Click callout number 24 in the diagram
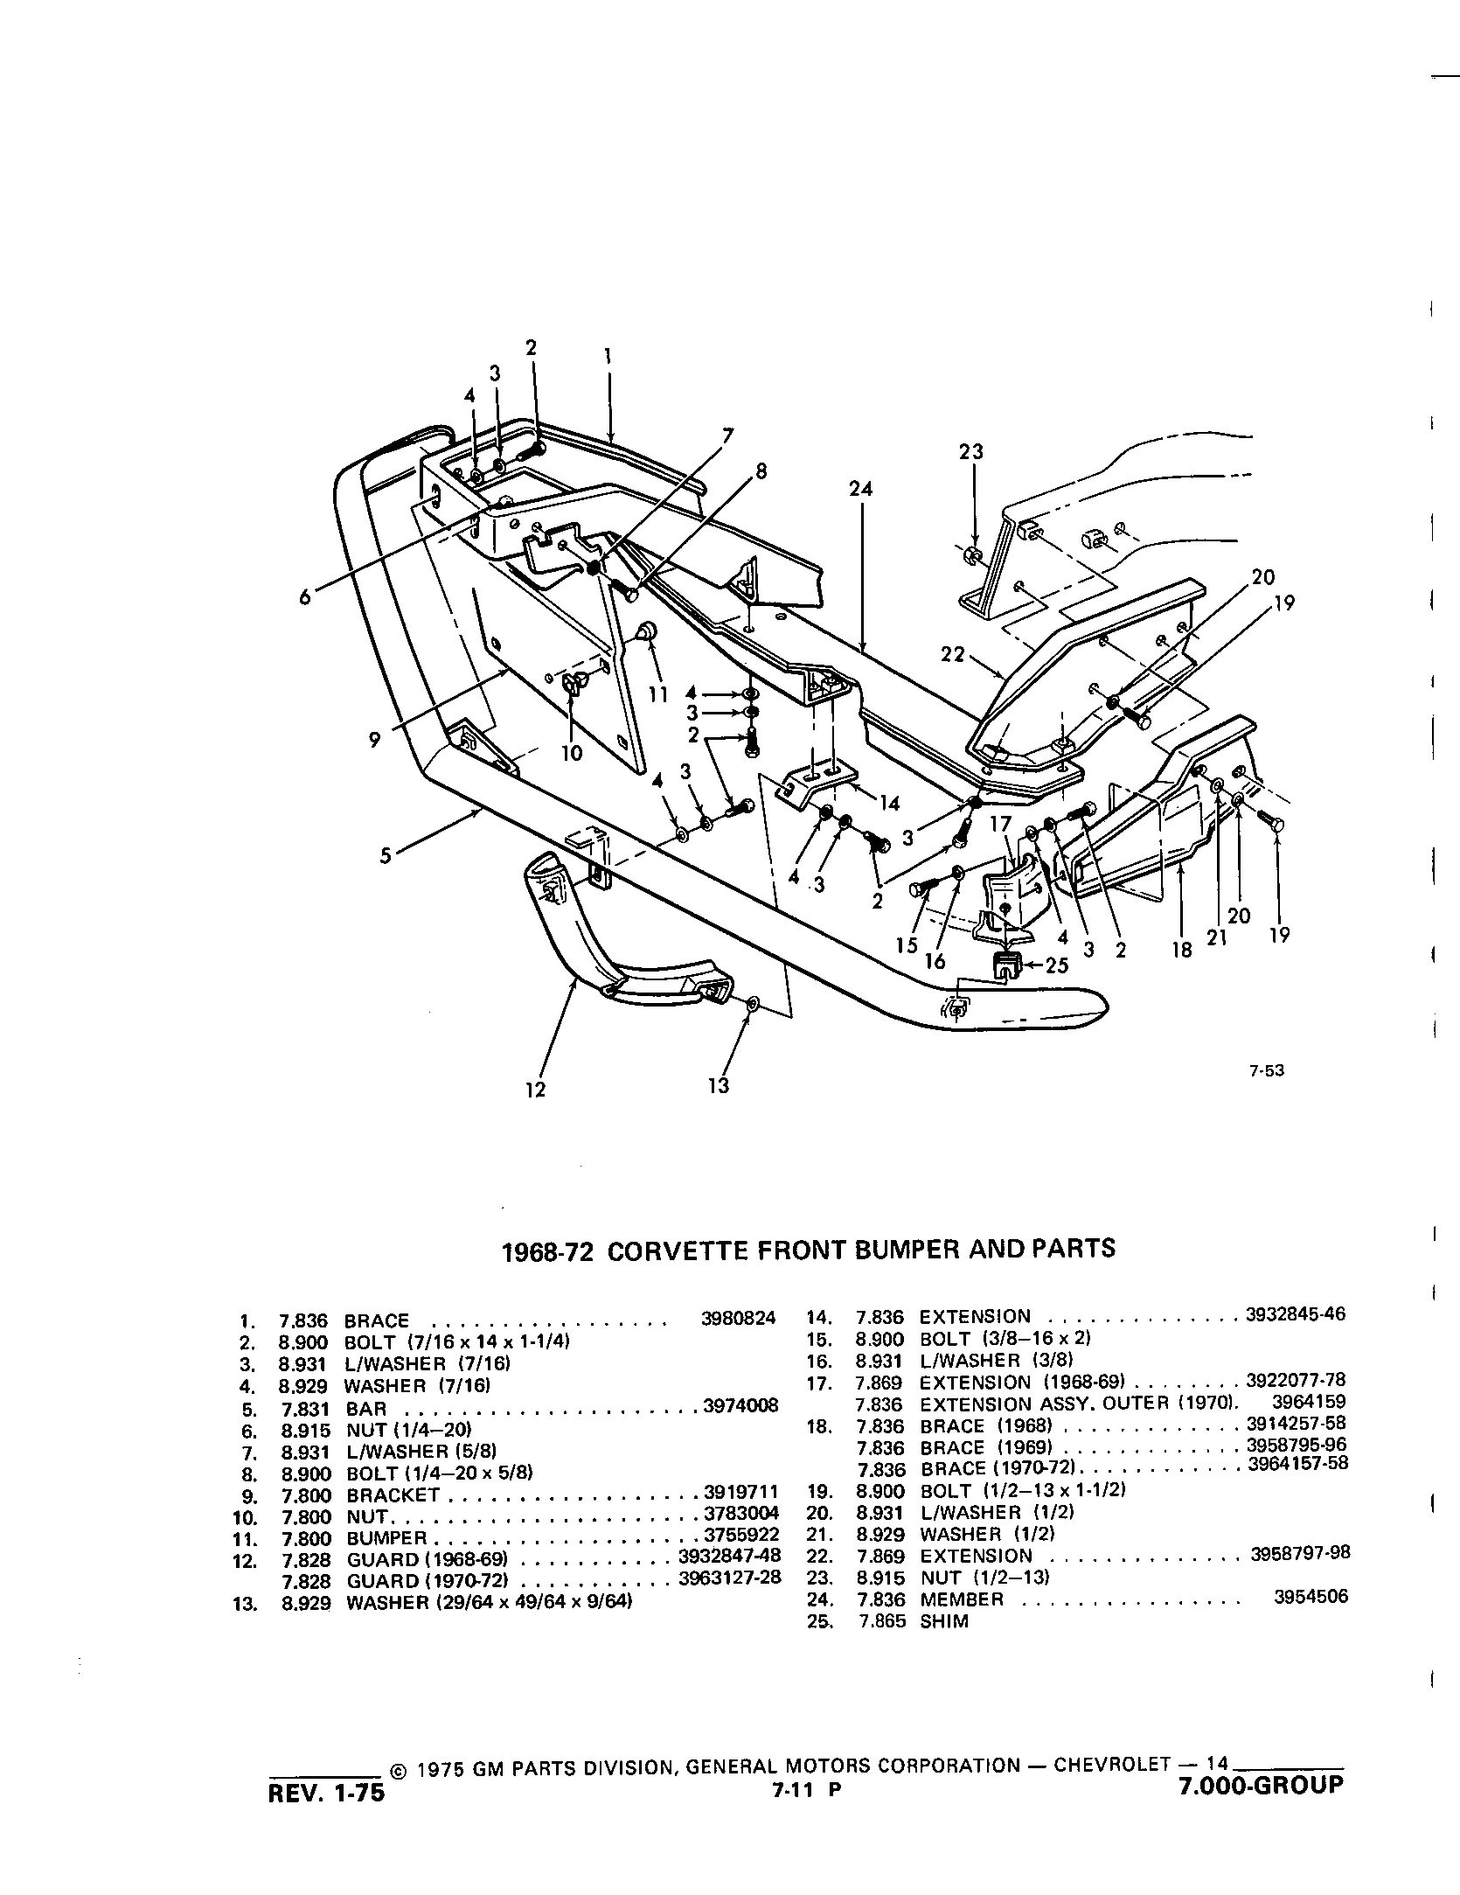tap(861, 489)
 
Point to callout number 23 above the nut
tap(971, 451)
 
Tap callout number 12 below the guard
tap(536, 1089)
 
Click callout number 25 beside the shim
tap(1057, 965)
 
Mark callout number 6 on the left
tap(304, 597)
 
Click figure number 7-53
tap(1267, 1070)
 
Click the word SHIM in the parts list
tap(944, 1621)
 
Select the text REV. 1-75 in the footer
tap(327, 1793)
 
